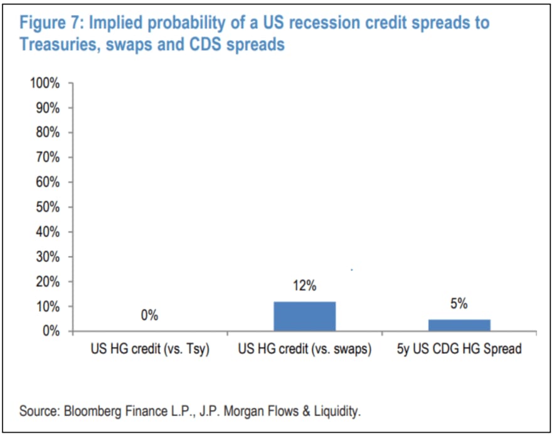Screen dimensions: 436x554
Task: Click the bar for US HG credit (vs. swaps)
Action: (x=304, y=316)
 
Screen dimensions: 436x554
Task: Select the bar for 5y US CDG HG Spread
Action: (x=459, y=325)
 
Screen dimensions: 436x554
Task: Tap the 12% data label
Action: (x=304, y=287)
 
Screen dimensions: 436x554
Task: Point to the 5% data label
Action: (x=459, y=304)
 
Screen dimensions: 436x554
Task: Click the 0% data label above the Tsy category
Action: (x=149, y=316)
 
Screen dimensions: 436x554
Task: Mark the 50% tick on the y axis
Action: (x=46, y=207)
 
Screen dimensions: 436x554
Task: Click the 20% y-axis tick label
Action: (x=46, y=282)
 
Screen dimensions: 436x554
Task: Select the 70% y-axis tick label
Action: (x=46, y=157)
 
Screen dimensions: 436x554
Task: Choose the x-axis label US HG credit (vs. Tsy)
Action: (x=149, y=349)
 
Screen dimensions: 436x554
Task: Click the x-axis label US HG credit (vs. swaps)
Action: (x=304, y=349)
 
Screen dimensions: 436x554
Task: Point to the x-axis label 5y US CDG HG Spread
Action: (x=459, y=349)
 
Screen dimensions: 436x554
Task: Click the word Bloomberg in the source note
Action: (x=85, y=412)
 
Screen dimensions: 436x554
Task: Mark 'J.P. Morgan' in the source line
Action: (x=222, y=412)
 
